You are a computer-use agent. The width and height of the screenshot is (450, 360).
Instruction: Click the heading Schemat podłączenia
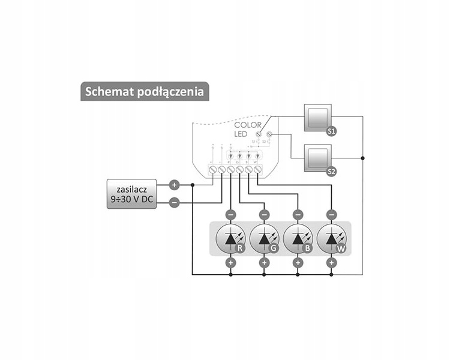pyautogui.click(x=145, y=91)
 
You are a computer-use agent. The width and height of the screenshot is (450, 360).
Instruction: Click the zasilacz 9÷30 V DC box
pyautogui.click(x=131, y=194)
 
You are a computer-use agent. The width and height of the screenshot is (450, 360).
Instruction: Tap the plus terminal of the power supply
pyautogui.click(x=174, y=185)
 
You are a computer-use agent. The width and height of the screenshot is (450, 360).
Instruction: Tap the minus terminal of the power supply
pyautogui.click(x=174, y=203)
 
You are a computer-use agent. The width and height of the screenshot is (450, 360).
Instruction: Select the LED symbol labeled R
pyautogui.click(x=230, y=239)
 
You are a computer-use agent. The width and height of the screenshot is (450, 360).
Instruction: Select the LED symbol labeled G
pyautogui.click(x=264, y=239)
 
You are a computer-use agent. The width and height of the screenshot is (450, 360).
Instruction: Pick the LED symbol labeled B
pyautogui.click(x=298, y=239)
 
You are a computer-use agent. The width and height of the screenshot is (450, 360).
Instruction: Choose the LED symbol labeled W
pyautogui.click(x=331, y=239)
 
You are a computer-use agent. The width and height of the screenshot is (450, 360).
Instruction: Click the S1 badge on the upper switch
pyautogui.click(x=331, y=130)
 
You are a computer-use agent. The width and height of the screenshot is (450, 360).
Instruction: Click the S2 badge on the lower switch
pyautogui.click(x=331, y=172)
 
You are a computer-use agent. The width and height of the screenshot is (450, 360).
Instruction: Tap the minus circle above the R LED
pyautogui.click(x=230, y=214)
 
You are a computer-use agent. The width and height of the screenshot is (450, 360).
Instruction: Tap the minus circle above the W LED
pyautogui.click(x=331, y=214)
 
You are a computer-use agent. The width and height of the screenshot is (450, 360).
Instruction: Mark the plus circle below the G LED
pyautogui.click(x=264, y=263)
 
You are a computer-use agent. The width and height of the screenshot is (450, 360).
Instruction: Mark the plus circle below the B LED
pyautogui.click(x=298, y=263)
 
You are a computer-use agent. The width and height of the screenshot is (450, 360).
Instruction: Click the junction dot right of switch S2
pyautogui.click(x=362, y=158)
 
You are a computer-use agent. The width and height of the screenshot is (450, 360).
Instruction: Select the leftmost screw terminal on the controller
pyautogui.click(x=213, y=170)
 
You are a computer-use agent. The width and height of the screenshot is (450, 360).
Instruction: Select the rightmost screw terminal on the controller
pyautogui.click(x=257, y=170)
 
